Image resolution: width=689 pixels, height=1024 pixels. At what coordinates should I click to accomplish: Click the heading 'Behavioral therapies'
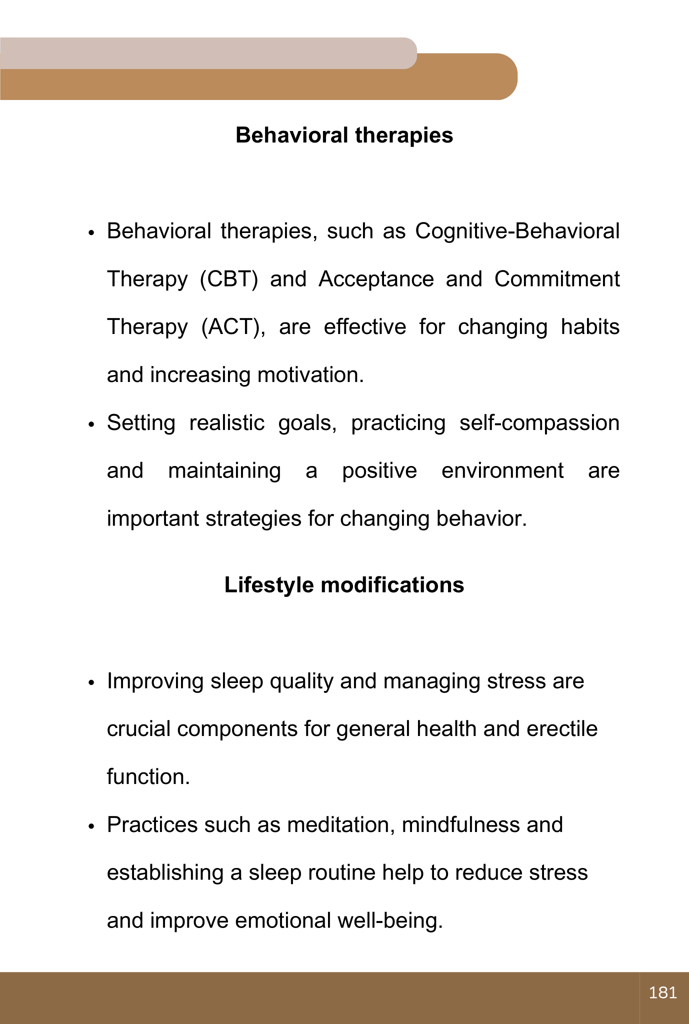click(x=344, y=135)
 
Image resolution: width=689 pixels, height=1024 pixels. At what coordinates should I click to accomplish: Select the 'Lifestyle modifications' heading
click(x=344, y=585)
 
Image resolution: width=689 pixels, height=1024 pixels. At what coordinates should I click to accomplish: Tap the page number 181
click(x=663, y=992)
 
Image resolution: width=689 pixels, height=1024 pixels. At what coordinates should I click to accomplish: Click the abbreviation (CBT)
click(x=228, y=279)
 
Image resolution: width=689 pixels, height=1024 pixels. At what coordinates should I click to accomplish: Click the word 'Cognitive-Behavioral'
click(x=517, y=231)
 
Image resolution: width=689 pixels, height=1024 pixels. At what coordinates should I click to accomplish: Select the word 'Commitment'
click(x=557, y=279)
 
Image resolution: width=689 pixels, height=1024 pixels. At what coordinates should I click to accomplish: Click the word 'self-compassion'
click(x=539, y=423)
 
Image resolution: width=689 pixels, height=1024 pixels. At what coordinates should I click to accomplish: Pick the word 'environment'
click(x=502, y=471)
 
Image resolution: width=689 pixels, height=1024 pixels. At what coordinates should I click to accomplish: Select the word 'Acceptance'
click(x=376, y=279)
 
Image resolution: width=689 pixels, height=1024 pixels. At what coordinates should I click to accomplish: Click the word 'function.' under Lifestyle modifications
click(x=148, y=777)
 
